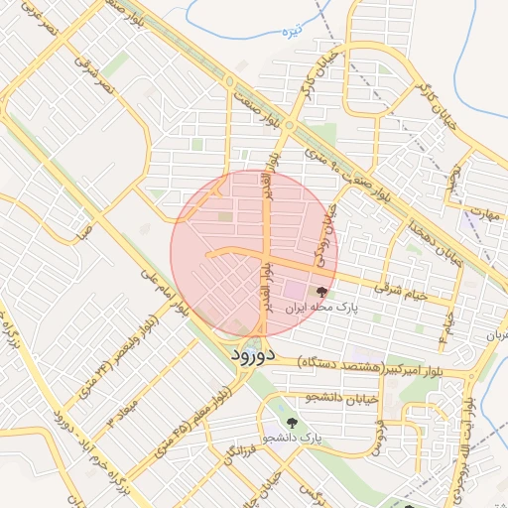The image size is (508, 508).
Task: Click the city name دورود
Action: pos(260,353)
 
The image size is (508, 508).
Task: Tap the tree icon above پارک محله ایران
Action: pos(320,292)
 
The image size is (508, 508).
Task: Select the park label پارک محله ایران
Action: pos(320,309)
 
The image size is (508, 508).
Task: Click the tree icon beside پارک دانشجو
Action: pos(291,422)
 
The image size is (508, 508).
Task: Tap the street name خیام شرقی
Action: pos(407,294)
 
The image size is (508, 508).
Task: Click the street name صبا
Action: pos(83,234)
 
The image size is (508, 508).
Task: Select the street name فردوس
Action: pos(377,436)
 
